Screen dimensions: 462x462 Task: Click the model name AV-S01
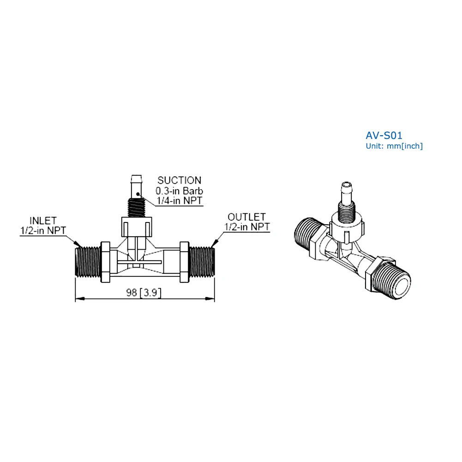pyautogui.click(x=384, y=136)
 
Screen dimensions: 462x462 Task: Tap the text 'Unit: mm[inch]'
pyautogui.click(x=394, y=146)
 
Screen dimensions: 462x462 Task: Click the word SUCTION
pyautogui.click(x=179, y=180)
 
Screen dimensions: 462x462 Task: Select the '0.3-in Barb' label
pyautogui.click(x=180, y=191)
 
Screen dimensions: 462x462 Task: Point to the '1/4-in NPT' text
pyautogui.click(x=180, y=200)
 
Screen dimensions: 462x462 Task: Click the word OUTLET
pyautogui.click(x=246, y=217)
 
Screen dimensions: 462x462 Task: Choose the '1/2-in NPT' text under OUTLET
pyautogui.click(x=246, y=227)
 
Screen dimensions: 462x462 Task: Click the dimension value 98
pyautogui.click(x=132, y=293)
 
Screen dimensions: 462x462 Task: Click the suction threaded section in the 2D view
pyautogui.click(x=136, y=206)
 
